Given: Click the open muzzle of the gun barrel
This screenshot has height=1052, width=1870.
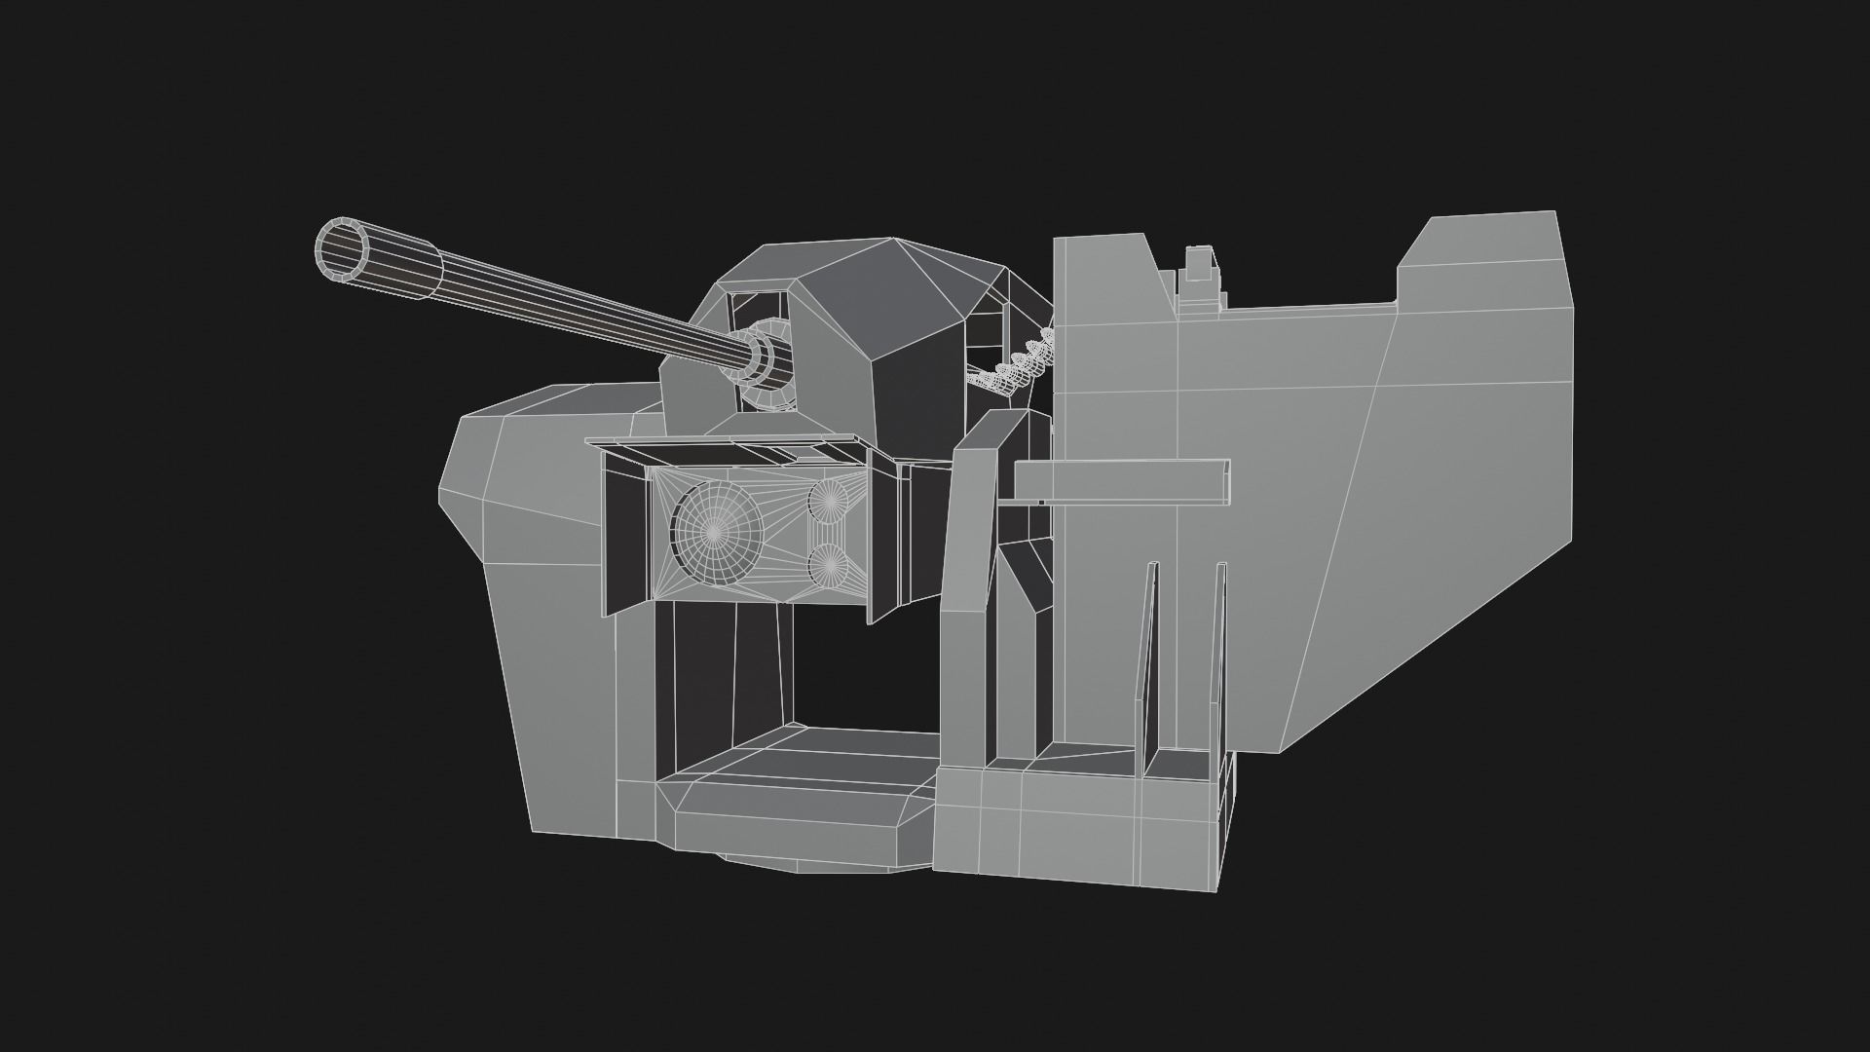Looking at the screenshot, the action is pos(342,249).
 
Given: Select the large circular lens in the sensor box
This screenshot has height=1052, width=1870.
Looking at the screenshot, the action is pos(715,531).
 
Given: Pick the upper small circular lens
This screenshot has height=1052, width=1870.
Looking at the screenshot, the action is pos(829,500).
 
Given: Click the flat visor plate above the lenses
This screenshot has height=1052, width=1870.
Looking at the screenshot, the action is pos(726,449).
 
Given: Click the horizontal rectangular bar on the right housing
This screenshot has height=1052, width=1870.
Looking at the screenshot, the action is pos(1120,482).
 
